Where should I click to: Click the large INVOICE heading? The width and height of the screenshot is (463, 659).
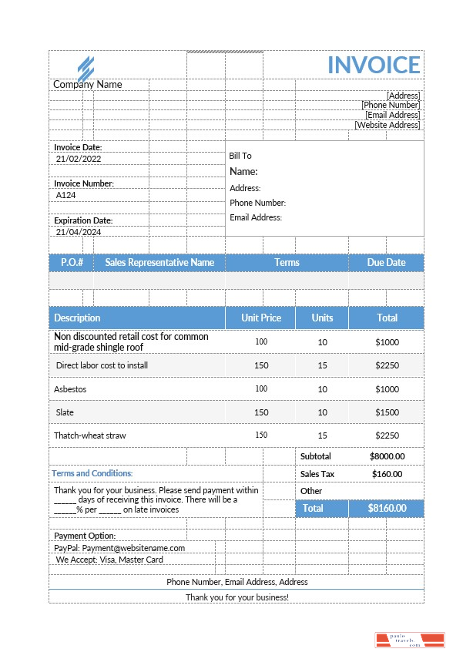[x=374, y=65]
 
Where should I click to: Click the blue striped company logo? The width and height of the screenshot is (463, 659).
[x=86, y=67]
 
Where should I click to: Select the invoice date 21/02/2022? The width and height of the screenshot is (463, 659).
[x=79, y=159]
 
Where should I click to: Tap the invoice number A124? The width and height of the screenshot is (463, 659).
[x=66, y=196]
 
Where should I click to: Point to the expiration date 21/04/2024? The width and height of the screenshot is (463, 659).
[x=79, y=232]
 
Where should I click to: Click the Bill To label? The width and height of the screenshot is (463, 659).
[x=240, y=156]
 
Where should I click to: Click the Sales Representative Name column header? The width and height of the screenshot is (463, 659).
[x=159, y=263]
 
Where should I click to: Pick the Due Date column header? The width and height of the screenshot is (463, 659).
[x=386, y=263]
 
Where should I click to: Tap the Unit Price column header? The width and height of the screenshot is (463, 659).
[x=261, y=318]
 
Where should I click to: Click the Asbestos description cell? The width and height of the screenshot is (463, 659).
[x=70, y=389]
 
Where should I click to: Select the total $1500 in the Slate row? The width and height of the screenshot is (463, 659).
[x=387, y=412]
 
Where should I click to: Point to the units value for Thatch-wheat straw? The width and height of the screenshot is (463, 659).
[x=322, y=435]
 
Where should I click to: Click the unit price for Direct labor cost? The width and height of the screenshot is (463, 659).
[x=261, y=365]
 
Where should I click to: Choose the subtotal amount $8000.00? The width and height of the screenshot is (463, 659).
[x=387, y=456]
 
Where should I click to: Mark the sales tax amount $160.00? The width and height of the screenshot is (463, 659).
[x=387, y=474]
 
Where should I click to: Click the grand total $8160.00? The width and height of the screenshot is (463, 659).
[x=387, y=509]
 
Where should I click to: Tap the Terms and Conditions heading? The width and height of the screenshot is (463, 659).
[x=92, y=473]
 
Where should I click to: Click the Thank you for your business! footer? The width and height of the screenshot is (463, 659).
[x=237, y=597]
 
